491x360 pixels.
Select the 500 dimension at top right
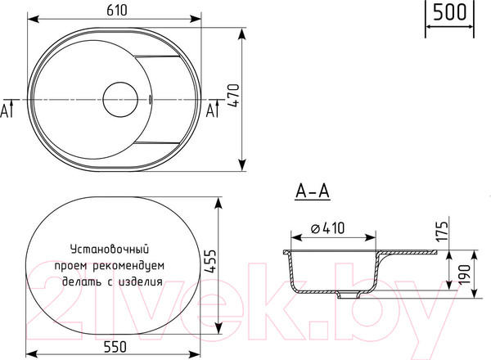pos(449,12)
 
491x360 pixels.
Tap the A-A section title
pos(311,192)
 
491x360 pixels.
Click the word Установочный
pos(108,248)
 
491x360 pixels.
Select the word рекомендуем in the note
pos(131,264)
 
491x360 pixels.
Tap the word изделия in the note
pos(141,281)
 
